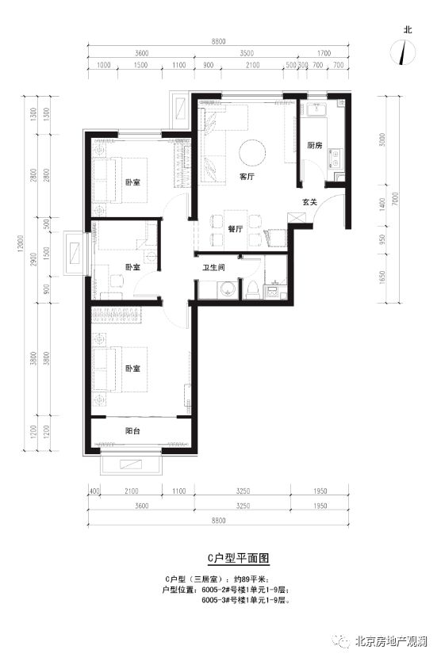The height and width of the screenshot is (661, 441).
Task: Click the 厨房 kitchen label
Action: point(314,145)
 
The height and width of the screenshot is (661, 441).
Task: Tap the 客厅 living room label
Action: point(247,177)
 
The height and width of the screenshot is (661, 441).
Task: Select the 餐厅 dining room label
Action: point(235,229)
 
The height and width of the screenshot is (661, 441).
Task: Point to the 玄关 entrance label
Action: point(309,202)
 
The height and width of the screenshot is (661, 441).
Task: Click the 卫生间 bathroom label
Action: point(213,267)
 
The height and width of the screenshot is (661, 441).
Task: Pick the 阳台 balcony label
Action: point(132,431)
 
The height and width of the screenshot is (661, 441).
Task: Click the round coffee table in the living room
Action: point(252,154)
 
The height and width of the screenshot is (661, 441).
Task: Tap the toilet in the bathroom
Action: point(252,290)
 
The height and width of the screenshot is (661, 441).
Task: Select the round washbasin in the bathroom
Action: point(227,290)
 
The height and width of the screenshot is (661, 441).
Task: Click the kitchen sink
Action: point(315,109)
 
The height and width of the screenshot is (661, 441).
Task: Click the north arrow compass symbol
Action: point(404,52)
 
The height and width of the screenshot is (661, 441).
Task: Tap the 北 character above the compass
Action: point(407,30)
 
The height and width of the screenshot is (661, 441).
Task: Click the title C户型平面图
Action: point(238,558)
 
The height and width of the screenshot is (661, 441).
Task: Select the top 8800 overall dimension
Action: point(218,41)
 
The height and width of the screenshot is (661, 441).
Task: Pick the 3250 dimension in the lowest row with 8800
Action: point(243,506)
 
